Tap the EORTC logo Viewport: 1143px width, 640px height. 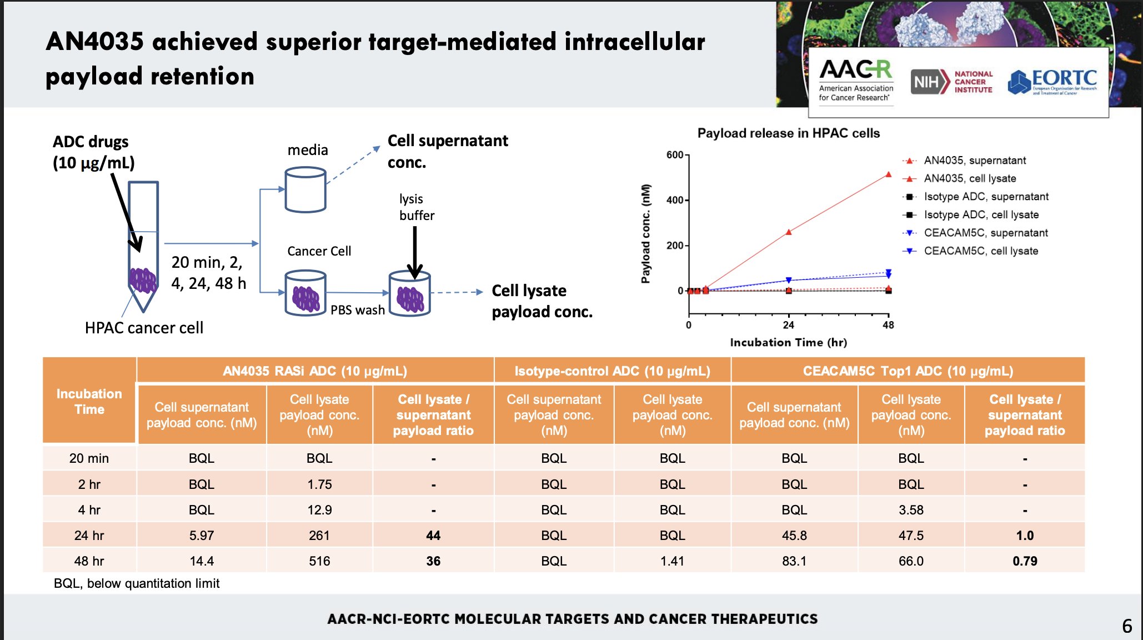[x=1052, y=82]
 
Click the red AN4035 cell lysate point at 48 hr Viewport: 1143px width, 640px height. [x=888, y=174]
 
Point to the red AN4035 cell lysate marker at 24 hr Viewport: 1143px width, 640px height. [x=789, y=232]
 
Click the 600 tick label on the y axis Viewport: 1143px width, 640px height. [x=675, y=155]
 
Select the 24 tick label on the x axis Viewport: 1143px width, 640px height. [x=789, y=325]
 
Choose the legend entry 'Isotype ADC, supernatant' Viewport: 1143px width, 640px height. [x=986, y=197]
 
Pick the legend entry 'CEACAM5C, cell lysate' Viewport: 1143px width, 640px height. [x=980, y=251]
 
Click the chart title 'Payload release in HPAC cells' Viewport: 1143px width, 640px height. [x=788, y=133]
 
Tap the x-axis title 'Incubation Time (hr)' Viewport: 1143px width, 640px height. [x=788, y=343]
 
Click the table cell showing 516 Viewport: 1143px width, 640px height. [x=319, y=561]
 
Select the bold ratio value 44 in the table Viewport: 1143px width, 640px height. [x=433, y=536]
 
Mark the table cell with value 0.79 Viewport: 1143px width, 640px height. [x=1025, y=561]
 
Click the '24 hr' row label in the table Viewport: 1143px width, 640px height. [x=89, y=536]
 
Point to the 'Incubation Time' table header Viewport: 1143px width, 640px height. [x=89, y=401]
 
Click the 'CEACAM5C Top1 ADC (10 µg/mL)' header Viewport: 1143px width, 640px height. [x=908, y=371]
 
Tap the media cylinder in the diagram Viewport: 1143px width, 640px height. [x=305, y=190]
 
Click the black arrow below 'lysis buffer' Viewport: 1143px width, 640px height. [x=415, y=253]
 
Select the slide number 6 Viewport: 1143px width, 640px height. [x=1127, y=626]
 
